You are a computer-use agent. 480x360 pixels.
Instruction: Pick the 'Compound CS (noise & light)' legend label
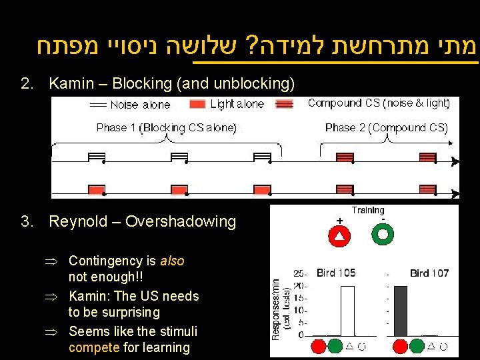(x=379, y=103)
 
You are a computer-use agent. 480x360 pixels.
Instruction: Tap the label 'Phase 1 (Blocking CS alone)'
(x=166, y=127)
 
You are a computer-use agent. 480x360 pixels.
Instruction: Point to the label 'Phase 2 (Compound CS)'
(x=387, y=127)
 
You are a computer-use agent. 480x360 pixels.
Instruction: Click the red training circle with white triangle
(x=339, y=234)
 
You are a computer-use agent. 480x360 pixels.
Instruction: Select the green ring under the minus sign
(x=383, y=234)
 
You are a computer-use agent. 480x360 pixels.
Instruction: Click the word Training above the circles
(x=368, y=211)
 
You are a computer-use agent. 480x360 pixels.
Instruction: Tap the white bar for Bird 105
(x=348, y=310)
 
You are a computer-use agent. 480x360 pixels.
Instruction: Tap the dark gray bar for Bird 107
(x=400, y=310)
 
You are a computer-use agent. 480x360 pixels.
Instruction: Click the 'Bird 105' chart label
(x=336, y=273)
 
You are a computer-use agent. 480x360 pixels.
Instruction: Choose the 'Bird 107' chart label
(x=429, y=273)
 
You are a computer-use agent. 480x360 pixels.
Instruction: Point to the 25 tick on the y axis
(x=299, y=273)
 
